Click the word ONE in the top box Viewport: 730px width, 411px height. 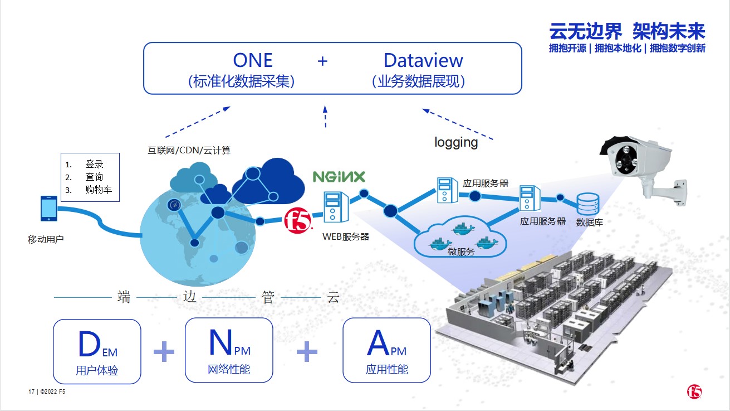pos(253,60)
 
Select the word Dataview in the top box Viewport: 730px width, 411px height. pos(423,60)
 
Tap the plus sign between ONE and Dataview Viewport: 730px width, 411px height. pos(322,61)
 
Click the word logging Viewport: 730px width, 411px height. pos(456,142)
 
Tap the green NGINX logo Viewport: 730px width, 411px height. pos(339,177)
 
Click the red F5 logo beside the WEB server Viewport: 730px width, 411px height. pos(298,221)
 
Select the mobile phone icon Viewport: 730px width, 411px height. pos(49,209)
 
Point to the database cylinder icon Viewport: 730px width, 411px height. pos(587,204)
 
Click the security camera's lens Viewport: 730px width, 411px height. pos(626,160)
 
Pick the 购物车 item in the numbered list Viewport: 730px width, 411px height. pos(99,190)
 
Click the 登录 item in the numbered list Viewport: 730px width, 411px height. pos(94,164)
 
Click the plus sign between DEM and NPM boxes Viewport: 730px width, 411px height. pos(164,351)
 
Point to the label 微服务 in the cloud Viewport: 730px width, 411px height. pos(461,252)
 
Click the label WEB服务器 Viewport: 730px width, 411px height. pos(345,236)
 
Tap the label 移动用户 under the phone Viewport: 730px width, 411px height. pos(46,239)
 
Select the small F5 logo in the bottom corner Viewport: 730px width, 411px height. pos(694,391)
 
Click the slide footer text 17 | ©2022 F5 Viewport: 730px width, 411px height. pos(47,391)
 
